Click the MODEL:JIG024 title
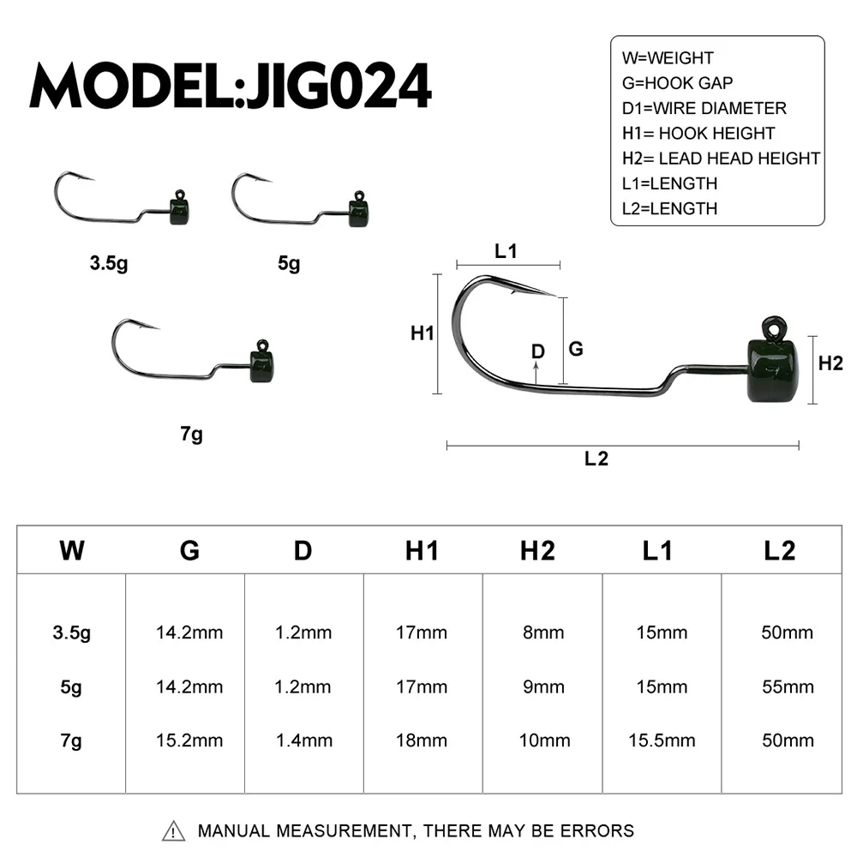pos(230,86)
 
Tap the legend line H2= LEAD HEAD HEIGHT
pos(721,159)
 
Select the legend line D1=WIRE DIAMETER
pos(704,109)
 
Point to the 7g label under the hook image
pos(192,434)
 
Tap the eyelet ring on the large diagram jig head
pos(774,327)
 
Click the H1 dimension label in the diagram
pos(423,333)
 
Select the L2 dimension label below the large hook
pos(596,458)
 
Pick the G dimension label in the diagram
pos(576,349)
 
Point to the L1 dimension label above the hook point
pos(506,251)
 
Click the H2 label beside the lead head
pos(830,363)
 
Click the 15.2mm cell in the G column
pos(189,740)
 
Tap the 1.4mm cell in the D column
pos(303,740)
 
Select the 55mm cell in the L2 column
pos(787,687)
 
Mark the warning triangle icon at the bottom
pos(174,830)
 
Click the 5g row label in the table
pos(72,687)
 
